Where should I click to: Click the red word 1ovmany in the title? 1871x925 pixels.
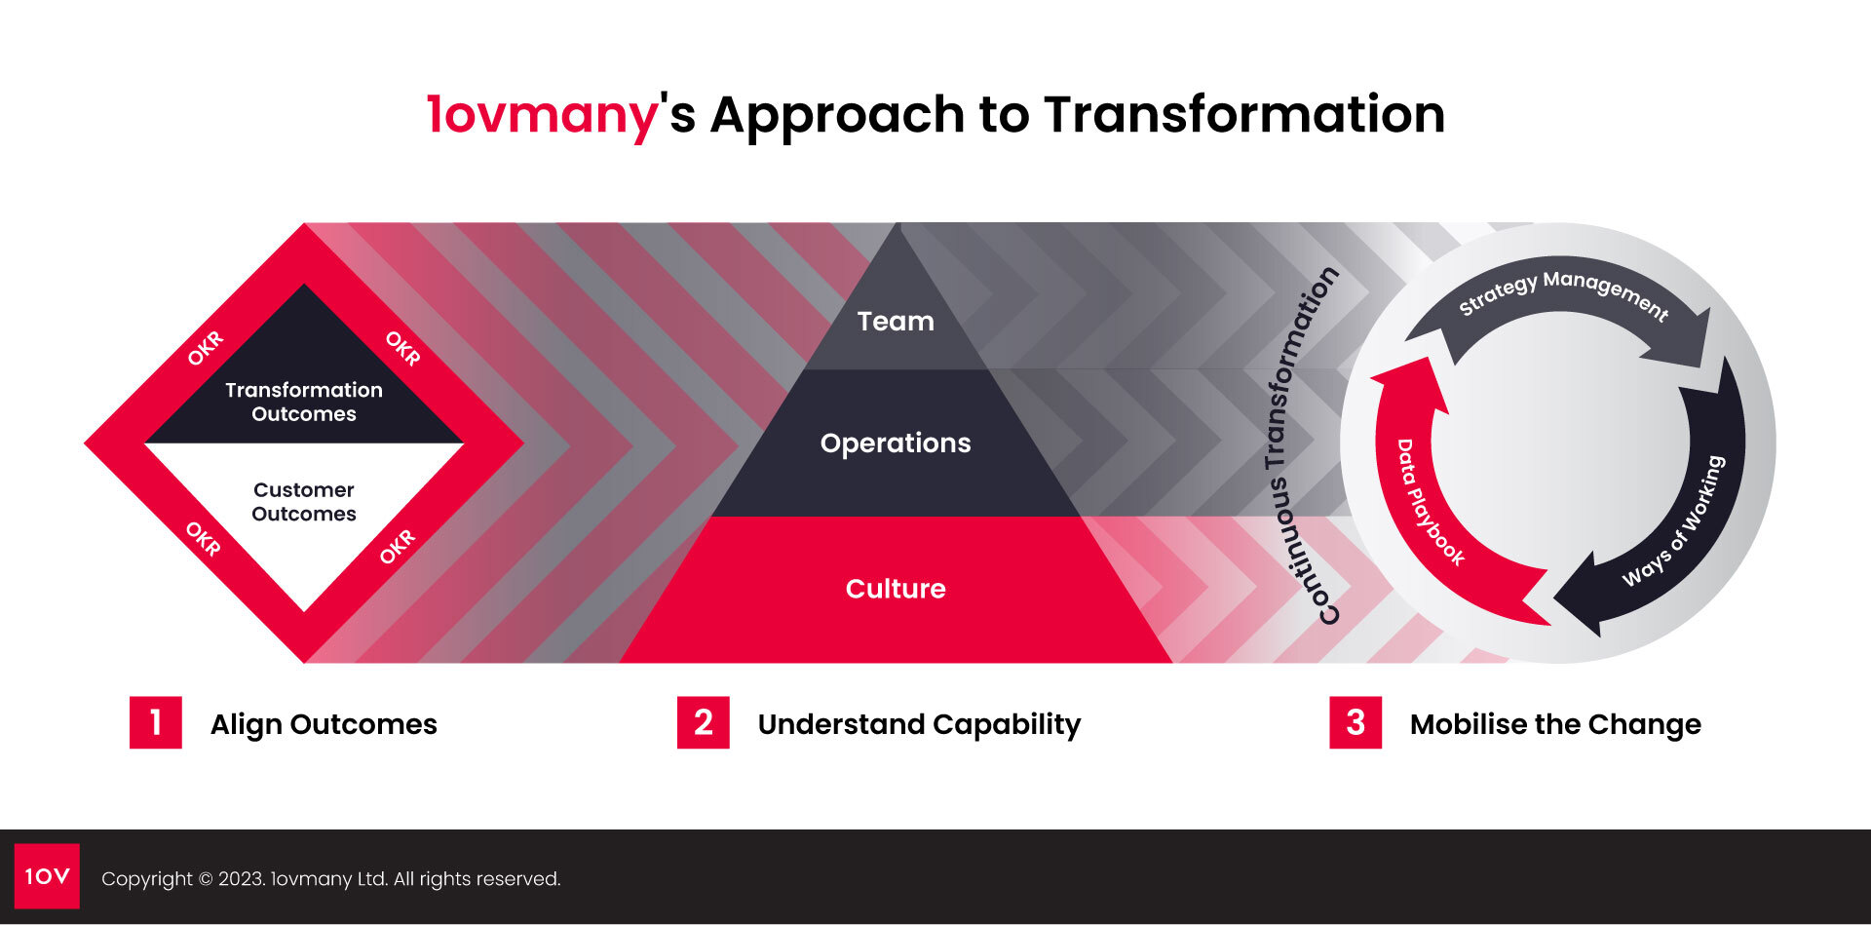coord(543,115)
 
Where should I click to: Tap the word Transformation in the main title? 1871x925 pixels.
coord(1244,114)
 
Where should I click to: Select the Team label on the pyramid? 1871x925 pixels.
coord(896,321)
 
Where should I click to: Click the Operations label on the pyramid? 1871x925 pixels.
coord(896,443)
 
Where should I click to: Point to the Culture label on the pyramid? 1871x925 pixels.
coord(896,589)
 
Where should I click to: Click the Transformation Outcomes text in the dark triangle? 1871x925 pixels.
coord(304,402)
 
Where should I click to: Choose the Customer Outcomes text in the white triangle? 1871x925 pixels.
coord(304,502)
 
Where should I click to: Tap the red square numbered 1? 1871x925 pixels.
coord(156,722)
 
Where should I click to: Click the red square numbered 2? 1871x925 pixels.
coord(704,722)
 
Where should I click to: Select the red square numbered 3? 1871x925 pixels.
coord(1356,722)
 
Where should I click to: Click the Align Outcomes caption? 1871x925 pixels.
coord(324,724)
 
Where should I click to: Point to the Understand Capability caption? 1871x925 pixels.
coord(919,724)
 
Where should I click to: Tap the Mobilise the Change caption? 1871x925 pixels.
coord(1555,724)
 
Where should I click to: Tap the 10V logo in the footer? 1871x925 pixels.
coord(47,876)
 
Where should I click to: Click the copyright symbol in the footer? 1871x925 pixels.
coord(206,879)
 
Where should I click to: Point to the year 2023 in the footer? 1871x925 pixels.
coord(240,879)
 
